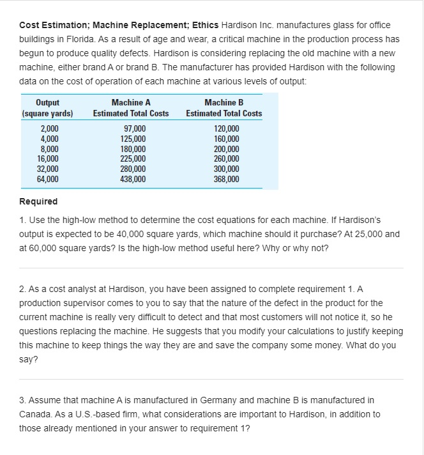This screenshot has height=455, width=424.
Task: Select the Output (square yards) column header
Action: point(48,108)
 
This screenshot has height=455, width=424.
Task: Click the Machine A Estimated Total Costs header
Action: point(131,108)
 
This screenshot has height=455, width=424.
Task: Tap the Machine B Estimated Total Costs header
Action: point(223,108)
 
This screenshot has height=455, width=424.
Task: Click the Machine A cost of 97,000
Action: point(133,129)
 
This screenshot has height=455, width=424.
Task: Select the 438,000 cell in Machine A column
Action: point(133,180)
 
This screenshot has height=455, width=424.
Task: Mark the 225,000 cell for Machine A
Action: point(133,159)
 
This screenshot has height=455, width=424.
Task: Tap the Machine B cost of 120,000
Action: point(227,129)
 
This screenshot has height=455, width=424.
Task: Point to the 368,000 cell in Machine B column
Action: point(227,180)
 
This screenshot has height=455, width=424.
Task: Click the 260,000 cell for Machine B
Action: point(227,159)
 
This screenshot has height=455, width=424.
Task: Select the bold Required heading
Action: point(38,201)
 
